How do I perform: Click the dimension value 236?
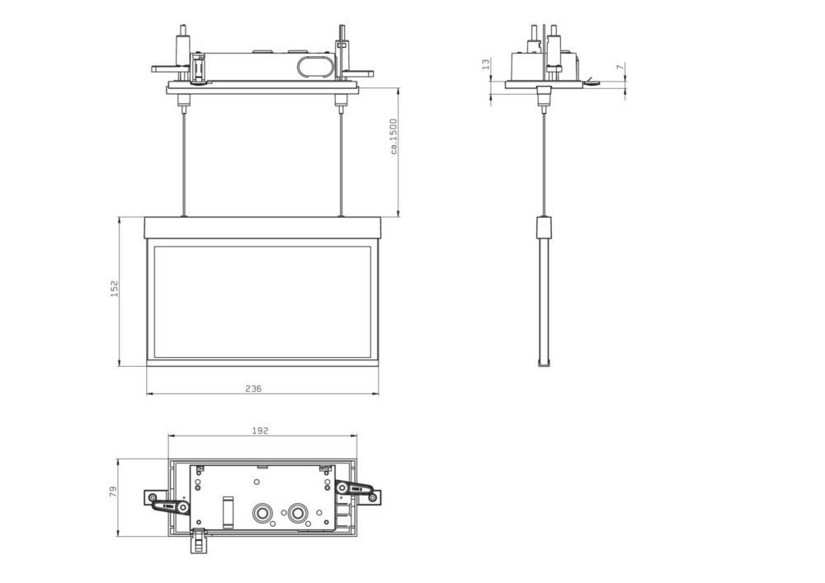coord(253,388)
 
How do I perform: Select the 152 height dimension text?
coord(115,289)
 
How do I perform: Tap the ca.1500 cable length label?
coord(394,136)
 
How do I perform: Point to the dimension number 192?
coord(260,430)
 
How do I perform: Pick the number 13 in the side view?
coord(486,64)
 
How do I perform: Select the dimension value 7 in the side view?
coord(620,68)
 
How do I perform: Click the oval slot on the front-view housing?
coord(311,66)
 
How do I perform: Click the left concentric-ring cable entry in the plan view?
coord(263,512)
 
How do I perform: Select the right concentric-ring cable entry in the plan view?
coord(297,512)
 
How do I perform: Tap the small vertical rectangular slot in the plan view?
coord(229,511)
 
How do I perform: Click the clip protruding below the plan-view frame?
coord(199,542)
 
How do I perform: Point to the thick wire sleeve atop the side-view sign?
coord(542,228)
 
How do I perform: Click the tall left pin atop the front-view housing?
coord(181,41)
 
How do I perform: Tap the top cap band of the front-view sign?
coord(262,228)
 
